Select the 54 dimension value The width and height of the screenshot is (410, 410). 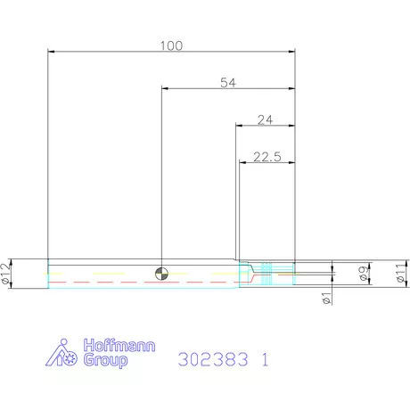228,82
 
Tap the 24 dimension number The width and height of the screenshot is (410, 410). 265,119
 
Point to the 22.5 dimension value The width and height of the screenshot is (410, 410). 266,156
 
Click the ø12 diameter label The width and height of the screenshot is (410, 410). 6,275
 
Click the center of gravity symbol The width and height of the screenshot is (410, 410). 160,274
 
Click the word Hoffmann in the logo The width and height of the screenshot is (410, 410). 113,347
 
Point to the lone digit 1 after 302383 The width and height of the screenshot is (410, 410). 264,361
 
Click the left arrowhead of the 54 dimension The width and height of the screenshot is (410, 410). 165,88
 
